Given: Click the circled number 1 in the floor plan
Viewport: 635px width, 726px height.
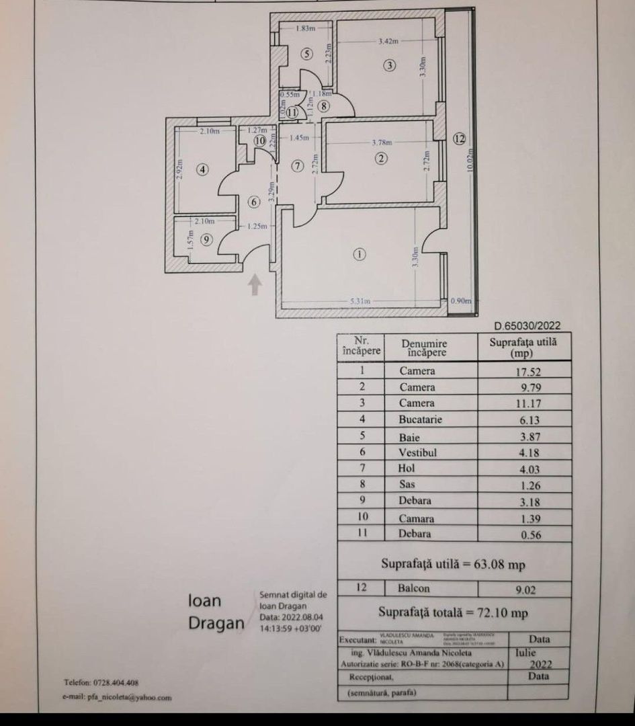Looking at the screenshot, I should (360, 254).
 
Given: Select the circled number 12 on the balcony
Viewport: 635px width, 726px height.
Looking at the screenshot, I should (459, 139).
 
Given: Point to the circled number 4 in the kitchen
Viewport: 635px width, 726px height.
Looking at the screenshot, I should (203, 170).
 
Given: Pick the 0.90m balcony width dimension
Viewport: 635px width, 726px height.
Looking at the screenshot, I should (460, 301).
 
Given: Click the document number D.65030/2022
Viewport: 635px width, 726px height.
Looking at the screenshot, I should (527, 326).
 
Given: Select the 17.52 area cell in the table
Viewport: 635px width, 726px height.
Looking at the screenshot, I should (524, 371).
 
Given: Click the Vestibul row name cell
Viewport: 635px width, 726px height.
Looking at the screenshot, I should (418, 452).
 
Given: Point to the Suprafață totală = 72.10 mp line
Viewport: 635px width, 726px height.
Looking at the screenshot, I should (453, 612).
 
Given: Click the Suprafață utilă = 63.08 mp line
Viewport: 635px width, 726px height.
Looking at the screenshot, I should (453, 564).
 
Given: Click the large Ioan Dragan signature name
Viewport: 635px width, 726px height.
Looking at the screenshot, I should (216, 612).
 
